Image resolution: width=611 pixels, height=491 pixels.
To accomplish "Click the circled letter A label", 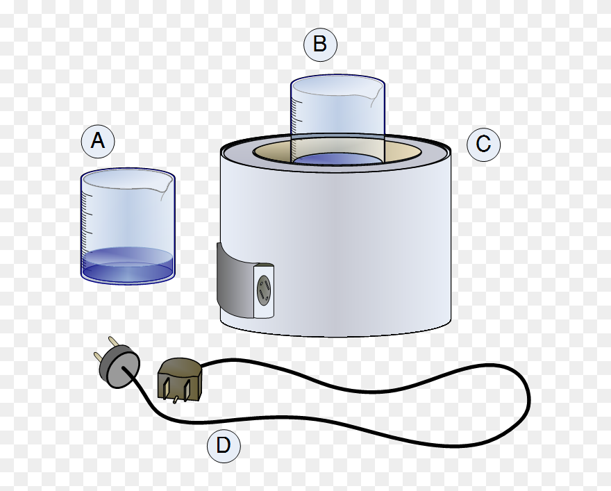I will (x=98, y=142).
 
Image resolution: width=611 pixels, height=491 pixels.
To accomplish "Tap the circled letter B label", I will (x=320, y=44).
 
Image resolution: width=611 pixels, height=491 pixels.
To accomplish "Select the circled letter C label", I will (x=483, y=144).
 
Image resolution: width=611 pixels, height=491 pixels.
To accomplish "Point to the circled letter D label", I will (x=224, y=446).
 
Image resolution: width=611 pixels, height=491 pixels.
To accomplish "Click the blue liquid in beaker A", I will (x=127, y=267).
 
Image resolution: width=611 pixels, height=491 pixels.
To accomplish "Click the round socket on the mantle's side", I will (x=264, y=291).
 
